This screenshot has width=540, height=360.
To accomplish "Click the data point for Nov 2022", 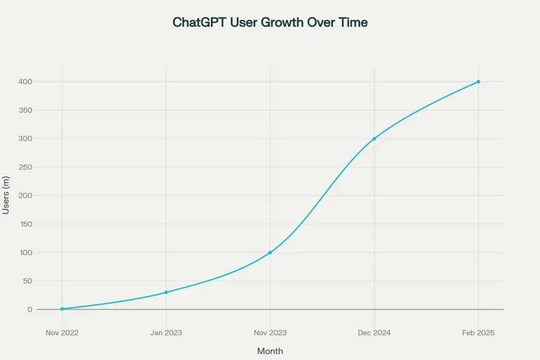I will tap(62, 309).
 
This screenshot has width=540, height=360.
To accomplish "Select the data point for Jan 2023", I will tap(166, 292).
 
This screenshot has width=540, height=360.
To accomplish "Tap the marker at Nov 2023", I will tap(270, 252).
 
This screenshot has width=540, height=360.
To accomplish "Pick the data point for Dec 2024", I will tap(374, 139).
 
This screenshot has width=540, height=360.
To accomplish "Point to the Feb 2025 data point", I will tap(478, 82).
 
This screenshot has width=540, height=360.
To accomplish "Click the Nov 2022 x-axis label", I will tap(62, 333).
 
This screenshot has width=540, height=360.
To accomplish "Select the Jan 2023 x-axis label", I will tap(166, 333).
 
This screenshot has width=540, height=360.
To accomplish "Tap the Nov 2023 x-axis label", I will tap(270, 333).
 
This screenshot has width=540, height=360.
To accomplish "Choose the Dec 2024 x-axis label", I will tap(374, 333).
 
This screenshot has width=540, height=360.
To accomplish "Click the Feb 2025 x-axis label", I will tap(478, 333).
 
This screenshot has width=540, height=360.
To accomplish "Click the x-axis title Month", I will tap(270, 351).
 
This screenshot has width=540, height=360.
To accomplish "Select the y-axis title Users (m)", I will tap(6, 196).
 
